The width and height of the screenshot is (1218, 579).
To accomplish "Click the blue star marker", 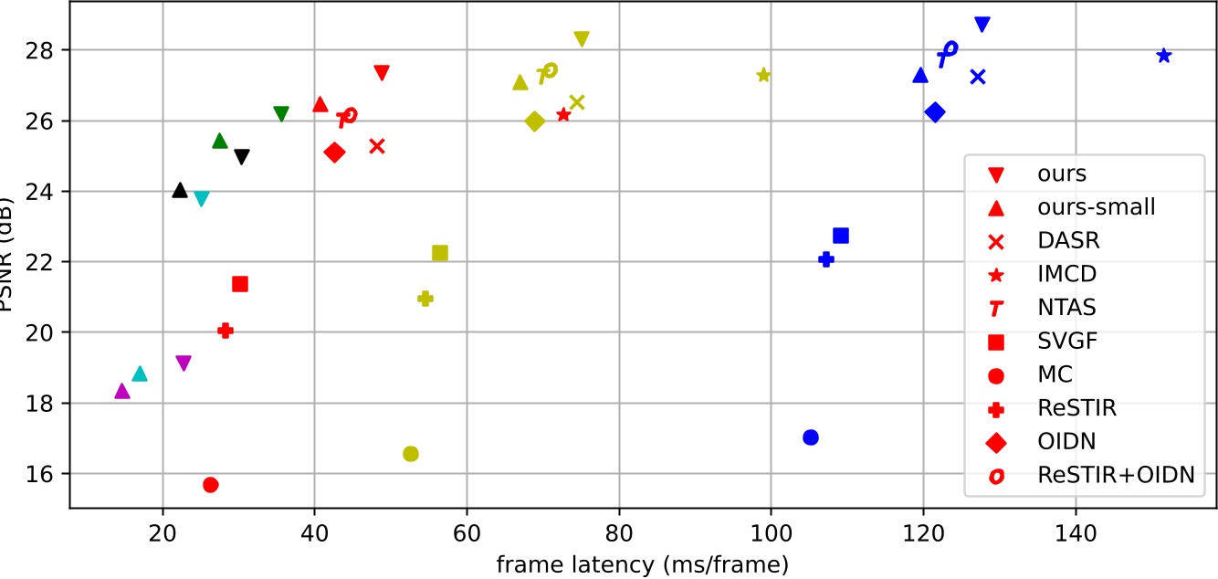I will point(1163,56).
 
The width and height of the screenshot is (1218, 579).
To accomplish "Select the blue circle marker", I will point(810,437).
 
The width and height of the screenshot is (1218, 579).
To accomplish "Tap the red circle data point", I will point(211,485).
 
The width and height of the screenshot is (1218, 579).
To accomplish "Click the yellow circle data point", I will point(411,454).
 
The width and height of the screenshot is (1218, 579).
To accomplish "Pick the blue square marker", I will point(841,236).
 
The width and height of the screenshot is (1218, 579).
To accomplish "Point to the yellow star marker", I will point(764,75).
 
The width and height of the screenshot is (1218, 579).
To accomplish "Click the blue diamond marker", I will point(934,112).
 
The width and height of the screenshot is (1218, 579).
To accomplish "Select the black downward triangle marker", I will point(242,156).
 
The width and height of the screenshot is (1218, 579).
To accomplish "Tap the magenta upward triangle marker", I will point(122,391).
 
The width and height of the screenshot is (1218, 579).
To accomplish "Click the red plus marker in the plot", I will point(226,331).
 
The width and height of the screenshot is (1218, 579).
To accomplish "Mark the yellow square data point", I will point(440,253).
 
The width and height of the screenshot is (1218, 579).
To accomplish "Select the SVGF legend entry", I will point(1067,342).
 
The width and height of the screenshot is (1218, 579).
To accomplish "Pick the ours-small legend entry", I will point(1096,207).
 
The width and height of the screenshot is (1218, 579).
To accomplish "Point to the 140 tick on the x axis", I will point(1075,530).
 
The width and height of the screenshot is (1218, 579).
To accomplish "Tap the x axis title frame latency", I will point(642,565).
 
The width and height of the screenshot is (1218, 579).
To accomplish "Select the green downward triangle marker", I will point(281,114).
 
